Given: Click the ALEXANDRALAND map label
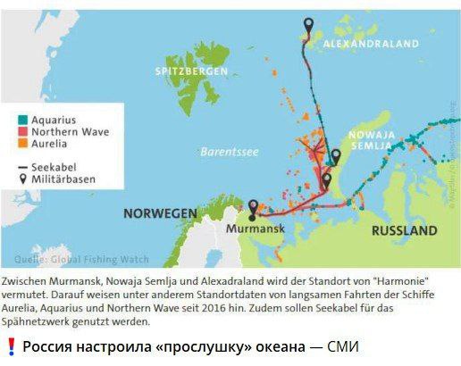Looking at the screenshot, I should [370, 42].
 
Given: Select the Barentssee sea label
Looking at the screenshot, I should [229, 151].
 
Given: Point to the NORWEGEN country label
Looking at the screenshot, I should [160, 213].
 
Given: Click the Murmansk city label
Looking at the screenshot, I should [255, 229].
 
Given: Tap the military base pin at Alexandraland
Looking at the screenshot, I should [309, 26].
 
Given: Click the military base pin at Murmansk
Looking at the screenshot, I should [253, 207].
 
